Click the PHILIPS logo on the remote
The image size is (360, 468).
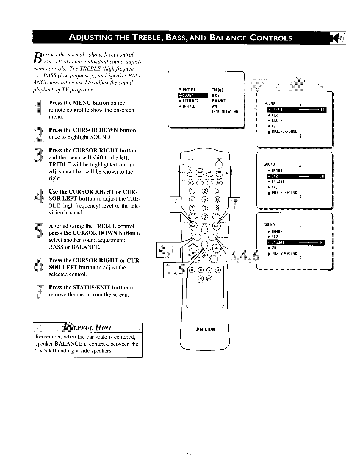coord(205,330)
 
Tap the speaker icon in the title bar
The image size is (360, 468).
coord(339,38)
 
